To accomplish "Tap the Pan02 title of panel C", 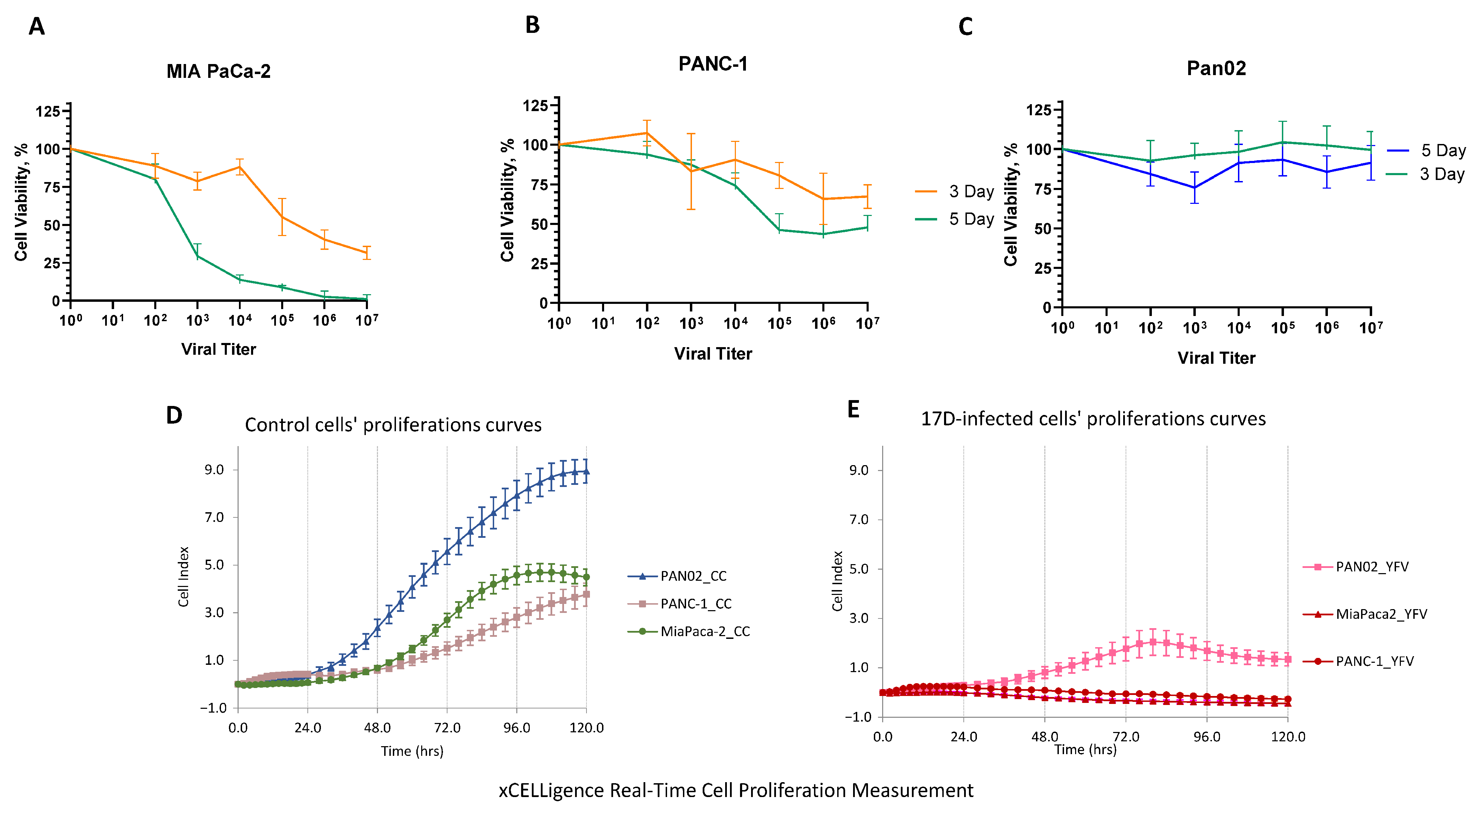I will (x=1216, y=69).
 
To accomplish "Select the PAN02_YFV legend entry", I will (x=1372, y=567).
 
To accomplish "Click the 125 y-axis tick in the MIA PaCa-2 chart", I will (x=48, y=111).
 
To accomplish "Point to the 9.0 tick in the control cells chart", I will (x=214, y=470).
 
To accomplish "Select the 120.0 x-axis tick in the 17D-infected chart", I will (x=1288, y=737).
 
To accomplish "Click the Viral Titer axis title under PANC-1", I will (x=712, y=354).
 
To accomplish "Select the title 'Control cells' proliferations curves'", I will (x=393, y=425).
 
